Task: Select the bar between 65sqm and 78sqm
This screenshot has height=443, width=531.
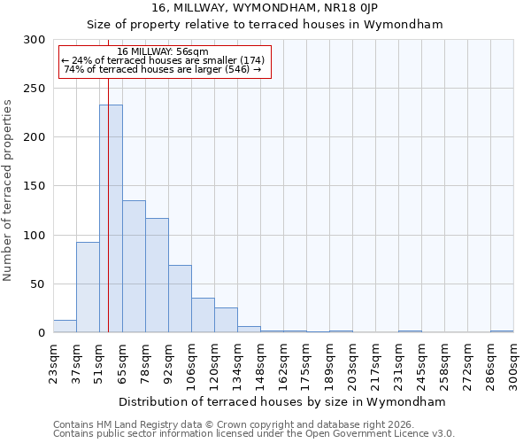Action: coord(134,267)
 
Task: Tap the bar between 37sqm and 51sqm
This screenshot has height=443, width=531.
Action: coord(88,287)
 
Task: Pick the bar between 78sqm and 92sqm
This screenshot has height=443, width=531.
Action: coord(157,276)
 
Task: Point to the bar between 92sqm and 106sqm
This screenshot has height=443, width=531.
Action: coord(180,299)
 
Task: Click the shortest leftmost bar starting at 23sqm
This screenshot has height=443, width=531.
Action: coord(65,327)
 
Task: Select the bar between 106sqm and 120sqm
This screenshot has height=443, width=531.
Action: coord(203,315)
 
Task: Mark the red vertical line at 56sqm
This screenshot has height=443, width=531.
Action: coord(108,177)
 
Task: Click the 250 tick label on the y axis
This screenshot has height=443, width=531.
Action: coord(35,89)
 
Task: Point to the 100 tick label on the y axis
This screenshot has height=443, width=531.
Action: coord(35,236)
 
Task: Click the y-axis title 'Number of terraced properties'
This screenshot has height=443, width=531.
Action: coord(8,190)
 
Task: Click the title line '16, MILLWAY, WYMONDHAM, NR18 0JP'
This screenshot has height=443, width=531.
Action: coord(265,8)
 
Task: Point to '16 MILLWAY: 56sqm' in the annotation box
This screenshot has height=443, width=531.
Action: coord(163,51)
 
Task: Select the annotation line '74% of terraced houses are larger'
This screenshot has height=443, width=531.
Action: coord(163,69)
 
